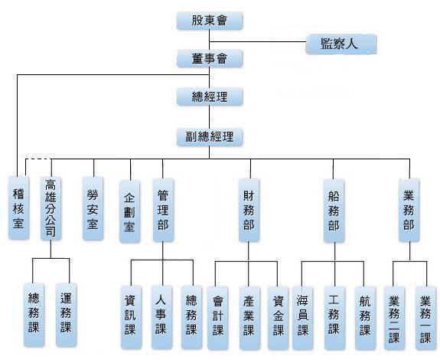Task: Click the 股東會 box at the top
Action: [210, 21]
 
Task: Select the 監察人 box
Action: [341, 44]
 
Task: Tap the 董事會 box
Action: [210, 58]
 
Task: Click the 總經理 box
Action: [210, 97]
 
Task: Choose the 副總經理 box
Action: [210, 137]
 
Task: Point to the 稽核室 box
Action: [18, 208]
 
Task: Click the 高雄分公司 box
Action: [51, 208]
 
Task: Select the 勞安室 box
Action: [93, 208]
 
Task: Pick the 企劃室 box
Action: [129, 211]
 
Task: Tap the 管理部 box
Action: [163, 210]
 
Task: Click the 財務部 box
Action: [249, 210]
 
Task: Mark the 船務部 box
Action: [334, 211]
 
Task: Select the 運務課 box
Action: [66, 315]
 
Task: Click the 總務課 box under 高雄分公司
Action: [34, 315]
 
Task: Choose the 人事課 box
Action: [161, 317]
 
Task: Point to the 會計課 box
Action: [217, 318]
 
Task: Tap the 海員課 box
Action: [302, 318]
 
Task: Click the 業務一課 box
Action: [425, 318]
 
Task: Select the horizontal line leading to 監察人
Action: [258, 42]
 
